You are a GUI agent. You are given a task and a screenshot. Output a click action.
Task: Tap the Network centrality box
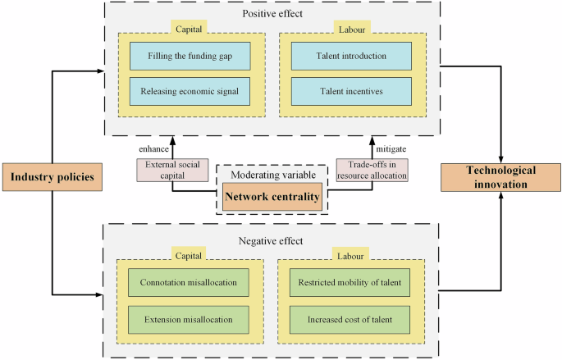pyautogui.click(x=272, y=197)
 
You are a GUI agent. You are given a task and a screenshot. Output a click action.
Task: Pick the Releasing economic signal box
pyautogui.click(x=190, y=91)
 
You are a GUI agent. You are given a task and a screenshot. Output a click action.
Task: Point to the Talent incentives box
pyautogui.click(x=351, y=91)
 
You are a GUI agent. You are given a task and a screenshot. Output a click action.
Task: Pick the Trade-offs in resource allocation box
pyautogui.click(x=372, y=170)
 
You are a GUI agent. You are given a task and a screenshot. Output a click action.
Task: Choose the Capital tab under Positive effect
pyautogui.click(x=190, y=30)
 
